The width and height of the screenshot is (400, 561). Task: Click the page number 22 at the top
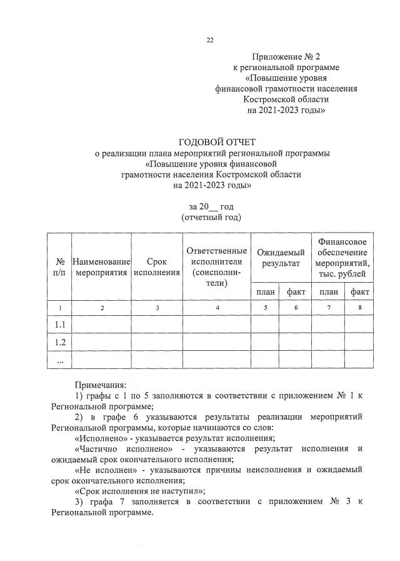[x=210, y=41]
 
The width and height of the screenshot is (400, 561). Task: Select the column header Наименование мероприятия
[x=102, y=267]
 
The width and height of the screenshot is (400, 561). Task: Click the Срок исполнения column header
[x=157, y=267]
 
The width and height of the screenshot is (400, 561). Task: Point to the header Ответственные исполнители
[x=216, y=267]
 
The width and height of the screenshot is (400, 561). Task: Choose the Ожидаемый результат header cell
[x=281, y=257]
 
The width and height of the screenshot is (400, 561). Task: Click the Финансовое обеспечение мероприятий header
[x=342, y=257]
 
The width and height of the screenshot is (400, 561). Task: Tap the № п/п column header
[x=61, y=267]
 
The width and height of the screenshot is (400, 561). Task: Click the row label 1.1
[x=61, y=325]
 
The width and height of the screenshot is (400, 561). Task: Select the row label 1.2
[x=61, y=342]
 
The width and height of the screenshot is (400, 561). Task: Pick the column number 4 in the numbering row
[x=216, y=308]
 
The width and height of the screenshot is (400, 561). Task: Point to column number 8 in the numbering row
[x=359, y=308]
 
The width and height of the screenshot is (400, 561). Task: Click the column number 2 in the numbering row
[x=102, y=308]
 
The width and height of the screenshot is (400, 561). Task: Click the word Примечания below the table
[x=100, y=384]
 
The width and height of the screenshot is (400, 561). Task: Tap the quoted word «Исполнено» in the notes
[x=96, y=438]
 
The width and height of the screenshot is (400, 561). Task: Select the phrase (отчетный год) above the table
[x=211, y=217]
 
